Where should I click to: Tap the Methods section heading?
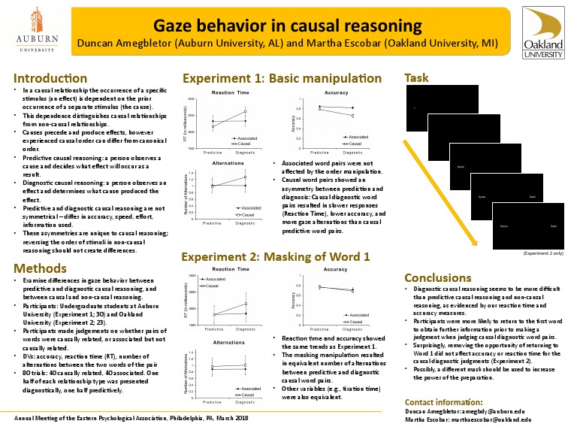38,269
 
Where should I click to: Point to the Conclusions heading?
438,277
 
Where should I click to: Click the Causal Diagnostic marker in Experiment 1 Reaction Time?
245,111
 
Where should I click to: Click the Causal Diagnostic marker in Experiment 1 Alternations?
245,177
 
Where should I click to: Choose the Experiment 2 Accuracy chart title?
335,268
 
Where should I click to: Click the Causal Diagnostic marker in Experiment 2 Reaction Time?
245,304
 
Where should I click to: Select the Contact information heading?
449,401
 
